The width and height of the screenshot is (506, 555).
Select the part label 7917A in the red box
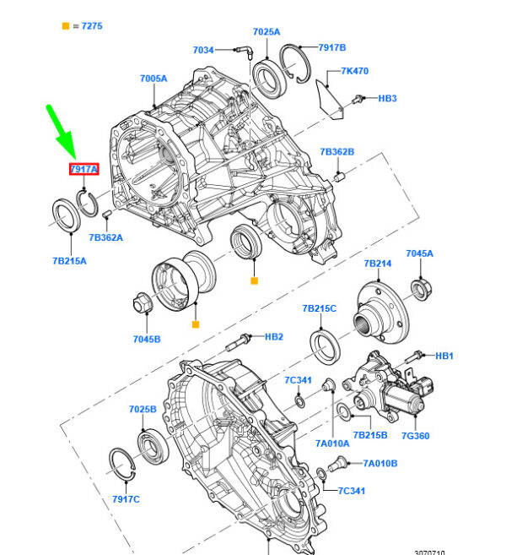click(84, 169)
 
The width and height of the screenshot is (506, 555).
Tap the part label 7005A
click(153, 79)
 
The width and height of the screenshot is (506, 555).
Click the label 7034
click(204, 51)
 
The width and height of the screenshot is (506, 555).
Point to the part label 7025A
click(266, 32)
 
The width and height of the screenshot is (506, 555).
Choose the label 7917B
click(331, 47)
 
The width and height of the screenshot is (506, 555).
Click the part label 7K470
click(354, 71)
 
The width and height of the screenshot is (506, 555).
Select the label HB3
click(387, 99)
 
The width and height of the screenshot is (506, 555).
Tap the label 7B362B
click(336, 152)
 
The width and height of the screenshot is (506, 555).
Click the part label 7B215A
click(69, 261)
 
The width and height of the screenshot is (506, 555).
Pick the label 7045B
click(147, 340)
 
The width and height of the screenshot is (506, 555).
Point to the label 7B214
click(377, 264)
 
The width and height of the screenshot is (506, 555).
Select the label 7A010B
click(380, 463)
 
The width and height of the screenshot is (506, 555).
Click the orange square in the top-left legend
click(66, 27)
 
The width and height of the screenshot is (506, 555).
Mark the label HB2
click(274, 336)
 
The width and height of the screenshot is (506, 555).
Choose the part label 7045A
click(419, 253)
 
